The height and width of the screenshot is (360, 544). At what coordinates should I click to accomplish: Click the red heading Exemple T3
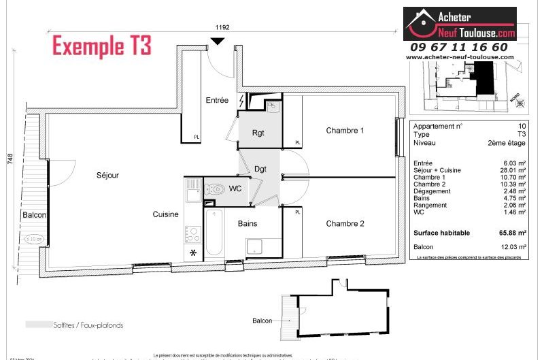coord(102,46)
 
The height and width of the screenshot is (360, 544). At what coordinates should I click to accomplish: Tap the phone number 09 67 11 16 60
coord(458,47)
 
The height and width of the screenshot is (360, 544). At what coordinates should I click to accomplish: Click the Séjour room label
coord(107,175)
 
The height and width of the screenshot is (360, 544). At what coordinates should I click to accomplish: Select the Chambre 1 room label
coord(345,130)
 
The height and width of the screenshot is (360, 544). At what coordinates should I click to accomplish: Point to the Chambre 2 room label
coord(345,223)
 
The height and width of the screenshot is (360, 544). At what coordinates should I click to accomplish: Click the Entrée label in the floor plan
coord(217,100)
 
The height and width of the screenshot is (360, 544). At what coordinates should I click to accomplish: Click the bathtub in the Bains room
coord(214,232)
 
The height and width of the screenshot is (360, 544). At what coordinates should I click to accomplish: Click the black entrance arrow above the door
coord(217,42)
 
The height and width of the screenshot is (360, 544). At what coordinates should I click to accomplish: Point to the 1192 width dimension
coord(222,28)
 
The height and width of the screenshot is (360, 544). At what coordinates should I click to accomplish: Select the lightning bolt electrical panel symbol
coord(241,101)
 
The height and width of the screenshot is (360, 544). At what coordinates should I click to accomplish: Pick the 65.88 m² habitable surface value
coord(511,233)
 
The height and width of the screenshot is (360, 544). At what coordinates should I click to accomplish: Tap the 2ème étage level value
coord(507,143)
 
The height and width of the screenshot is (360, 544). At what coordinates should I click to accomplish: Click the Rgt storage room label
coord(258,133)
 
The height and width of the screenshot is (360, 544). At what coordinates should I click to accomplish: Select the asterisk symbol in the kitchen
coord(193,253)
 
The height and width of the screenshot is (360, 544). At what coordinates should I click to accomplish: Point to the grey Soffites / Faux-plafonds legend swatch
coord(37,325)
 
